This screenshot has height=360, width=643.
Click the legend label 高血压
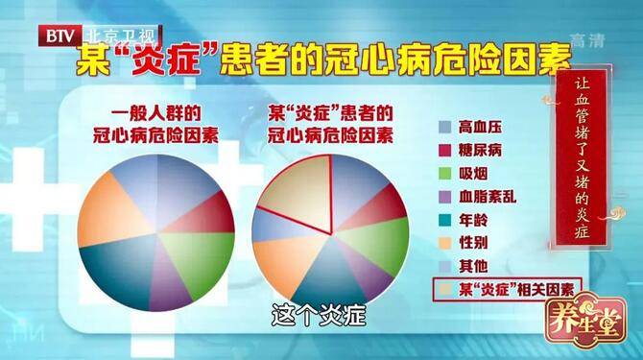coord(482,127)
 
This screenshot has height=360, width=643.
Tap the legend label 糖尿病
coord(482,150)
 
